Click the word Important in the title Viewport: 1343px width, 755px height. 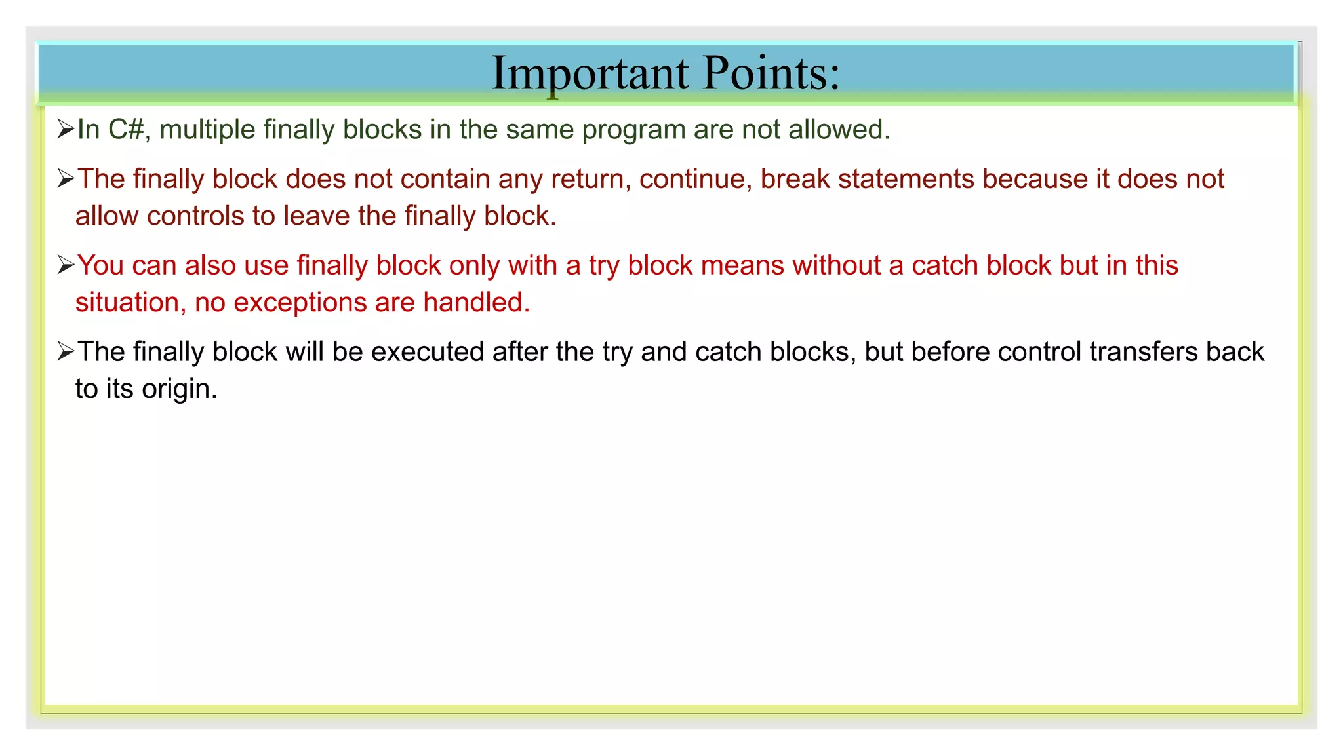pyautogui.click(x=590, y=73)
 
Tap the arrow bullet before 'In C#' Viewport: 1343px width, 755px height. pyautogui.click(x=66, y=129)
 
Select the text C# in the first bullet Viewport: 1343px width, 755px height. pyautogui.click(x=126, y=130)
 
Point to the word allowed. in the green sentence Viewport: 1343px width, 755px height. pyautogui.click(x=839, y=130)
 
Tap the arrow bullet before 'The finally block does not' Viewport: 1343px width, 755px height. pyautogui.click(x=66, y=179)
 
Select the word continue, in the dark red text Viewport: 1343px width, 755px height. pyautogui.click(x=695, y=180)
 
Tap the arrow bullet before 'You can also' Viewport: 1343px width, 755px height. pyautogui.click(x=66, y=265)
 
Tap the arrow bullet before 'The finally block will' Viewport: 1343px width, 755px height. pyautogui.click(x=66, y=352)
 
